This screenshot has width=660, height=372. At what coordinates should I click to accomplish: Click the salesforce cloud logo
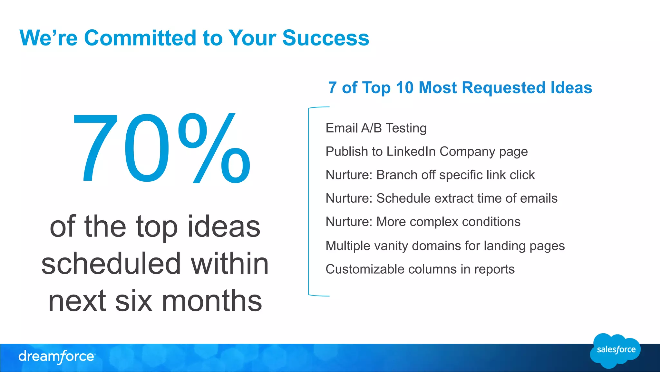coord(616,350)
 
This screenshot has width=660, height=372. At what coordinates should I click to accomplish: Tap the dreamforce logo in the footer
coord(57,357)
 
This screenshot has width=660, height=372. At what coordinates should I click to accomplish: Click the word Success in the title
coord(325,38)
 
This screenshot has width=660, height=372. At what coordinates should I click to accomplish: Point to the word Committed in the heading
coord(140,38)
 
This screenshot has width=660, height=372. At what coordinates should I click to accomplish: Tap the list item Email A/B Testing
coord(376,128)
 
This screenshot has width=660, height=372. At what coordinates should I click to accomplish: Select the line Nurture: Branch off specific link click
coord(430,175)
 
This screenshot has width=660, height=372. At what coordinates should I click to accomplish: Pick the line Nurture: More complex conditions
coord(423,222)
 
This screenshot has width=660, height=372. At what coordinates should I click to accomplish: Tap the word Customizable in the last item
coord(365,269)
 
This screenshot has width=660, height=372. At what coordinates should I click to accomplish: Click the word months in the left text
coord(212,301)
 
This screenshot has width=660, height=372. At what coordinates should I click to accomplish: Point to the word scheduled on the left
coord(111,264)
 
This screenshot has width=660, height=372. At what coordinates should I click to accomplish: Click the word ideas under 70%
coord(224,227)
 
